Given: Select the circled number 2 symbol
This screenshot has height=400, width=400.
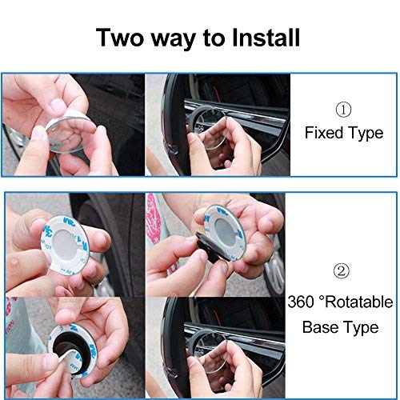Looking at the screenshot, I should click(343, 272).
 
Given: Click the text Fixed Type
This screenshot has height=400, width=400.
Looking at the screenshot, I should click(343, 133).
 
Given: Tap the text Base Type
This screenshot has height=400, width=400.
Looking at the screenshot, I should click(343, 328).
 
